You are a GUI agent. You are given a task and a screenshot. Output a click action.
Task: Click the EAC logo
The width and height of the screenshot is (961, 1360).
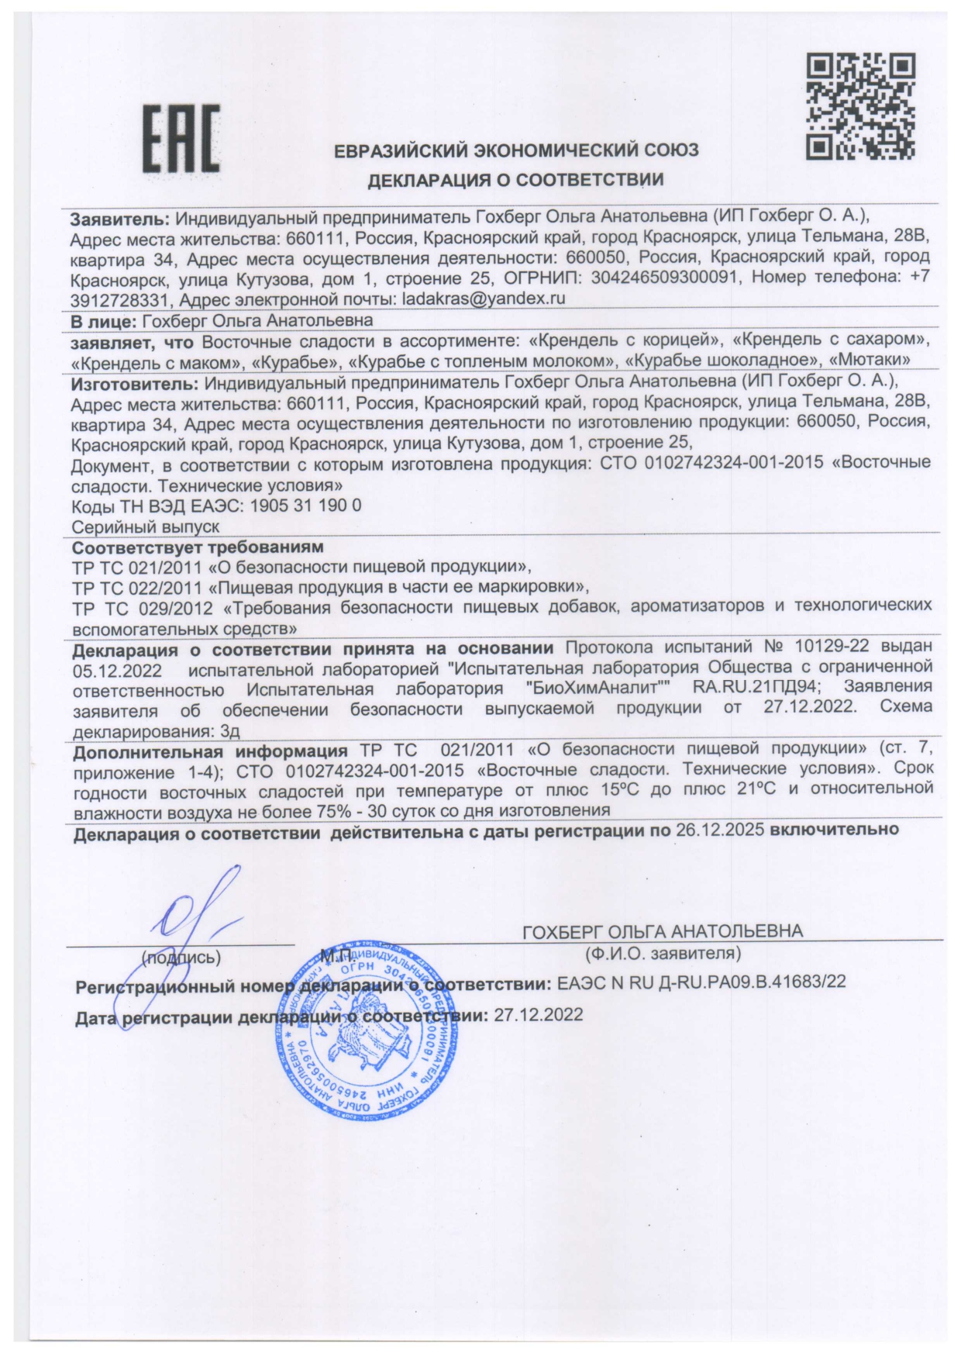pyautogui.click(x=181, y=139)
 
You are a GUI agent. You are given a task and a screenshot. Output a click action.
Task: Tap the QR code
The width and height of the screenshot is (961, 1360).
pyautogui.click(x=860, y=106)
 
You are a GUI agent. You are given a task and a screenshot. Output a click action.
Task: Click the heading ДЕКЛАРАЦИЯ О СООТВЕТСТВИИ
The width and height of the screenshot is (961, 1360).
pyautogui.click(x=515, y=181)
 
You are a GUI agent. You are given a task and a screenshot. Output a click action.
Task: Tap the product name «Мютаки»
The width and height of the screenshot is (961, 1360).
pyautogui.click(x=869, y=361)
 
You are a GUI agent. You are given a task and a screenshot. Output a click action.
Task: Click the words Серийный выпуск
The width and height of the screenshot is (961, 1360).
pyautogui.click(x=146, y=526)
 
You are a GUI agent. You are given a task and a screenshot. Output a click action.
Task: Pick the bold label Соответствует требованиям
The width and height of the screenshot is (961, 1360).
pyautogui.click(x=198, y=547)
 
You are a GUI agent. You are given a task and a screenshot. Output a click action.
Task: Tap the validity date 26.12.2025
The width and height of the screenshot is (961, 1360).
pyautogui.click(x=720, y=829)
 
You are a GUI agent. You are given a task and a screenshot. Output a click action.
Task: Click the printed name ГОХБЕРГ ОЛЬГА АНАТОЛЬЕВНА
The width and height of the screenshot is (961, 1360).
pyautogui.click(x=663, y=931)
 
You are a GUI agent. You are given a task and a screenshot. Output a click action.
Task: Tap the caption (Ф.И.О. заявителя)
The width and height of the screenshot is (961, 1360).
pyautogui.click(x=663, y=952)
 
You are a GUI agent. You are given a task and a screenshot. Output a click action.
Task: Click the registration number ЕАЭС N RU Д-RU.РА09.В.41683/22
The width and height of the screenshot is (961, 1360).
pyautogui.click(x=701, y=982)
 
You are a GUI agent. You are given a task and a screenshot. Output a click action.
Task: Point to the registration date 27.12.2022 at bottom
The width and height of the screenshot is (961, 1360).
pyautogui.click(x=538, y=1015)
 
